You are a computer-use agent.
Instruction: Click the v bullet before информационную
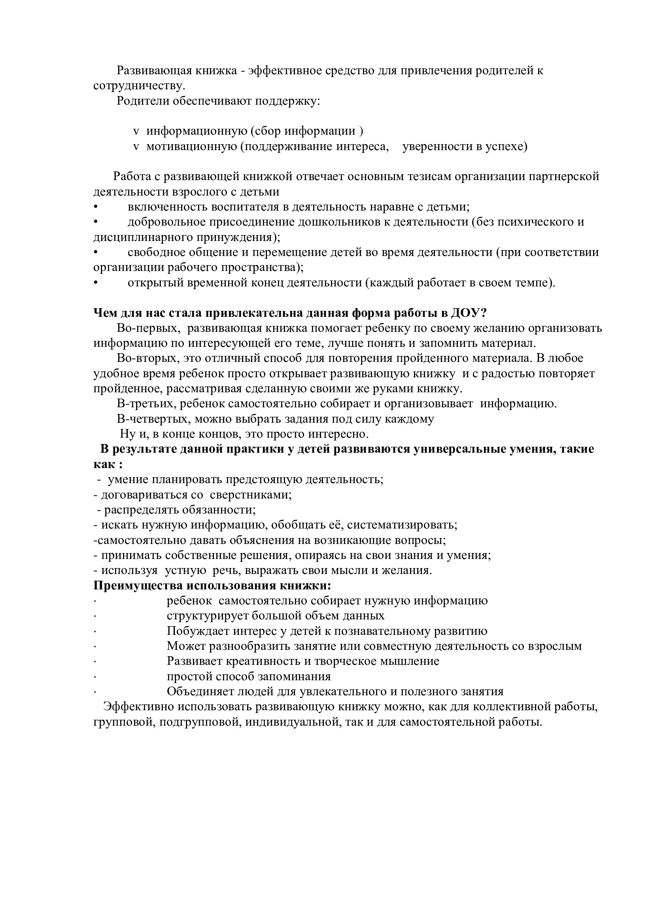pyautogui.click(x=136, y=132)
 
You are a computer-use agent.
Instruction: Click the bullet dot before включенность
pyautogui.click(x=95, y=207)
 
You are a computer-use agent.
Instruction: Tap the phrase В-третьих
pyautogui.click(x=147, y=404)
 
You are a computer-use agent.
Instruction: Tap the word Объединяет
pyautogui.click(x=200, y=691)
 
